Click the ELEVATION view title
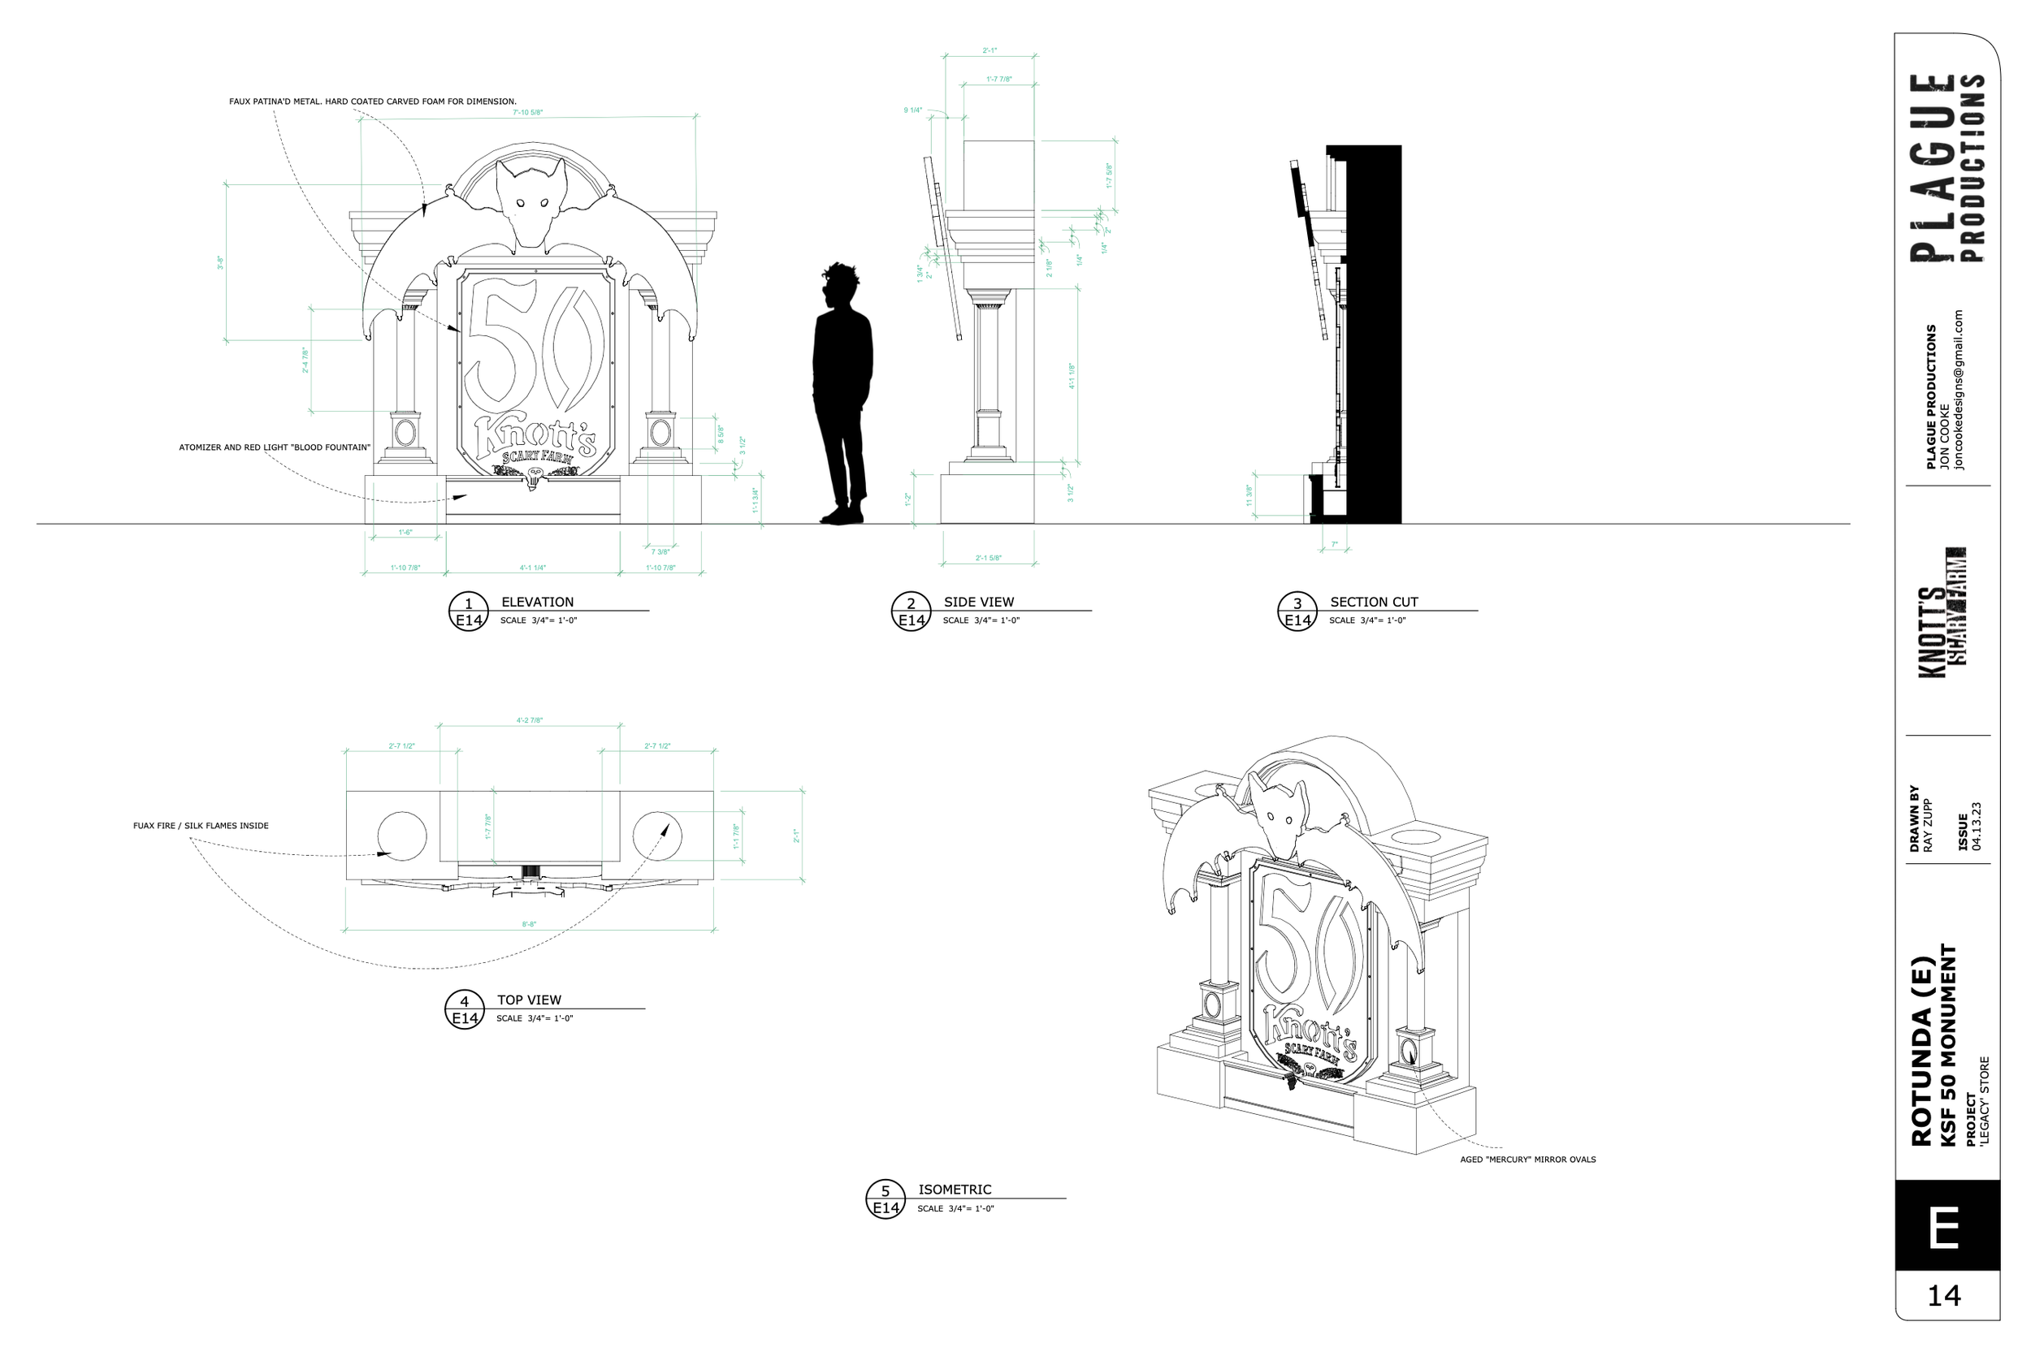coord(536,602)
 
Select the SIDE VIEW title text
coord(978,602)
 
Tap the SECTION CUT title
coord(1373,602)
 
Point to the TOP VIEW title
coord(529,1000)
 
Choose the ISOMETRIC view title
coord(954,1189)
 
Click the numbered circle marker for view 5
coord(885,1199)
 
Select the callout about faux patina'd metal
coord(373,102)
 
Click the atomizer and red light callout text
coord(275,447)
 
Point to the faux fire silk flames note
coord(200,825)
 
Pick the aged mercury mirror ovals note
coord(1527,1160)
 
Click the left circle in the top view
coord(402,836)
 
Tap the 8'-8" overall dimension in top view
coord(529,924)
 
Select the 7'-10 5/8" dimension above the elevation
coord(528,112)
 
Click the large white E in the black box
coord(1947,1228)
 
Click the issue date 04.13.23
coord(1976,826)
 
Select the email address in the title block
coord(1959,390)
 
